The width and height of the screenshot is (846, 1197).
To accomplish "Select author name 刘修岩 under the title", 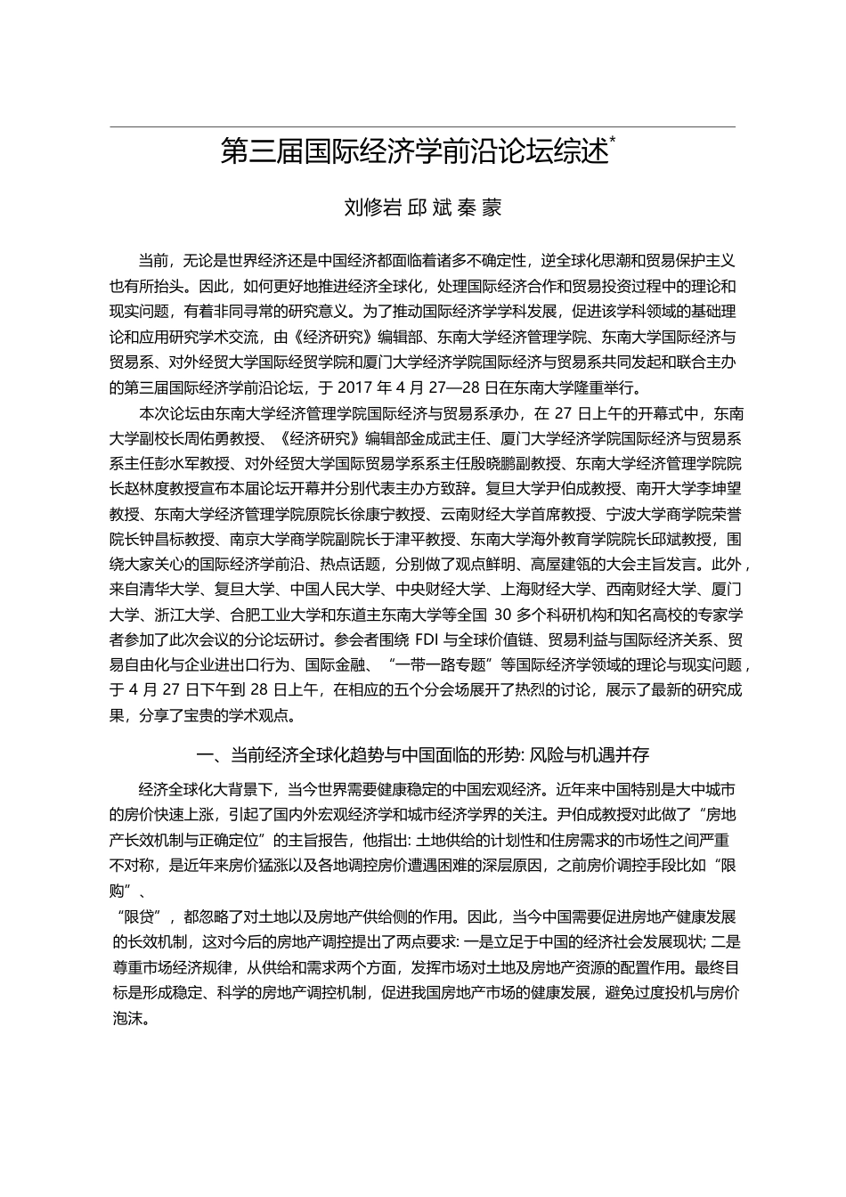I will click(x=372, y=208).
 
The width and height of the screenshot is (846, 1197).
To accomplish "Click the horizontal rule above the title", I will click(x=422, y=127).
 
